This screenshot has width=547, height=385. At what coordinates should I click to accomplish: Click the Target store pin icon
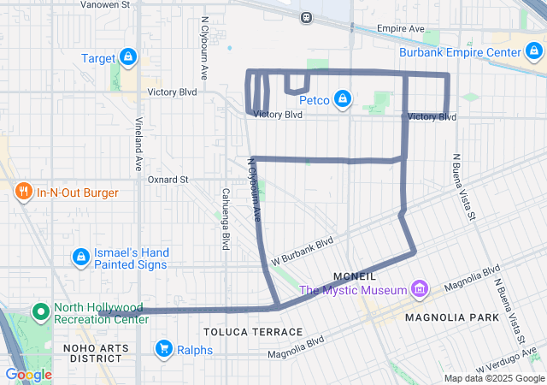[x=127, y=57]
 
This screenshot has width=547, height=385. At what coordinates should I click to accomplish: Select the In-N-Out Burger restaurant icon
[x=23, y=192]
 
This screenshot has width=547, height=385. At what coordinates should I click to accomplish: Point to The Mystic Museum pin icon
[x=420, y=290]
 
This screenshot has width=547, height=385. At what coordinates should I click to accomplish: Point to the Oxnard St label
[x=168, y=180]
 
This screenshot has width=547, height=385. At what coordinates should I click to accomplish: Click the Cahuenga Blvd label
[x=226, y=218]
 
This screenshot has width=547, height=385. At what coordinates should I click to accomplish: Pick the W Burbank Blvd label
[x=301, y=248]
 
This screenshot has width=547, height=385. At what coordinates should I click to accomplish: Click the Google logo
[x=28, y=374]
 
